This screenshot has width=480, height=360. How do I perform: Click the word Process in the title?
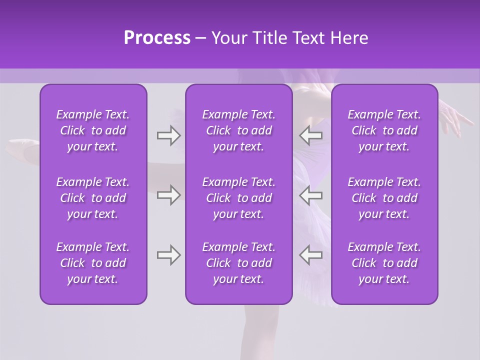click(x=157, y=38)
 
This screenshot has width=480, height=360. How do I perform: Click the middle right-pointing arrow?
click(x=168, y=195)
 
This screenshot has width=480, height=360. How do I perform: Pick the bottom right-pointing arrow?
click(x=168, y=255)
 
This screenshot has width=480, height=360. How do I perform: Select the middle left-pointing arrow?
click(x=310, y=195)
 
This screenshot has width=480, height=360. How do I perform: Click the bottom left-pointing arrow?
click(x=310, y=255)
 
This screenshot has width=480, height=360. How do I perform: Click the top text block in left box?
click(x=93, y=130)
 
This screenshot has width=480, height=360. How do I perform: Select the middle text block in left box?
click(x=93, y=198)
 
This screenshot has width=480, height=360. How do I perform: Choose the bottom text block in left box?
click(x=93, y=263)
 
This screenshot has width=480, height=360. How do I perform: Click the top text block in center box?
click(x=238, y=130)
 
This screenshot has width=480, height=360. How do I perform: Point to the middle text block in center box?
click(x=238, y=198)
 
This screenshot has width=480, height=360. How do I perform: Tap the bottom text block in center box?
click(x=238, y=263)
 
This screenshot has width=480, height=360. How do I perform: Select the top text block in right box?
click(x=384, y=130)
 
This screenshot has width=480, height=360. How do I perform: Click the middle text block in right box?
click(x=384, y=198)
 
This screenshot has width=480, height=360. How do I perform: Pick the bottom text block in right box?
click(x=384, y=263)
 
